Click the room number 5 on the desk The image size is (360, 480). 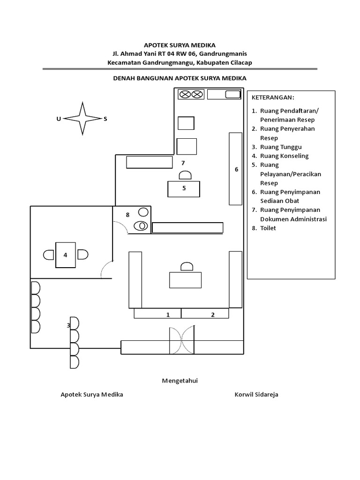coord(184,188)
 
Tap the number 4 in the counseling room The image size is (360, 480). coord(65,255)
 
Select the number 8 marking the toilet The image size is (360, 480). coord(127,215)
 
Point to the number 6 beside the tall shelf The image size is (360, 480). coord(236,169)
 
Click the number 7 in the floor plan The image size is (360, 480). coord(183,163)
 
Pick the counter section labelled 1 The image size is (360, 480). coord(157,314)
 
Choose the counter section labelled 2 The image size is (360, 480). coord(205,314)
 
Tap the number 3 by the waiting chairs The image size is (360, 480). coord(68,325)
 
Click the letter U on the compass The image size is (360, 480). coord(59,119)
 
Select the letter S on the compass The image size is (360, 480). coord(105,119)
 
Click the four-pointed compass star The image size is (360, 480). coord(82,119)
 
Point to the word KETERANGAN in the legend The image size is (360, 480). coord(273,97)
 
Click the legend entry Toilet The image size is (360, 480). coord(268,228)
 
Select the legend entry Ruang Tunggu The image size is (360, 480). coord(281,147)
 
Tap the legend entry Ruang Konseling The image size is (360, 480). coord(285,156)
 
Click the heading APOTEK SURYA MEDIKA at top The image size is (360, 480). coord(180,45)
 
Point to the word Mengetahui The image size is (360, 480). coord(180,381)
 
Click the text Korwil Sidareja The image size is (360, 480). coord(256,394)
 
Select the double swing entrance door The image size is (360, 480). coord(182,340)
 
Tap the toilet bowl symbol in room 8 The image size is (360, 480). coord(141,226)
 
